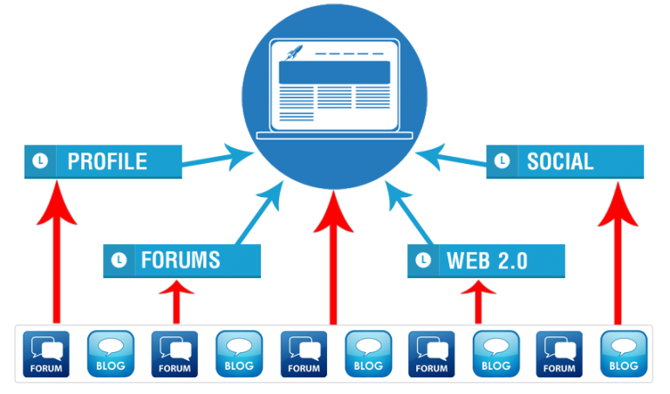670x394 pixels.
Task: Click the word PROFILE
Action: click(106, 161)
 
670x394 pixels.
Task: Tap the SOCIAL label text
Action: click(559, 161)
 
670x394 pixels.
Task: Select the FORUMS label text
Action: click(181, 260)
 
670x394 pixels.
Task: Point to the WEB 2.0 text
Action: click(487, 260)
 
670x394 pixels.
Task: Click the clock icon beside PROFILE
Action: click(39, 161)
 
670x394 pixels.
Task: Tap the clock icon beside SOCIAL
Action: click(502, 161)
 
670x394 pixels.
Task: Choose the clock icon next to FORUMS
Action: click(119, 260)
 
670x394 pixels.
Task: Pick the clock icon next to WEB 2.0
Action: click(423, 260)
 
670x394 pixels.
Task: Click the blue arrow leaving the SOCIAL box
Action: click(450, 158)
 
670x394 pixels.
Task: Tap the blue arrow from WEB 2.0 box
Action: click(410, 214)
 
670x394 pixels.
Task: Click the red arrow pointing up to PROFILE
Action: click(57, 253)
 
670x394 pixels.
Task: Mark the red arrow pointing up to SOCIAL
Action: click(619, 253)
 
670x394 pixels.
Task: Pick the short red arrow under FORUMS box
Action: click(177, 302)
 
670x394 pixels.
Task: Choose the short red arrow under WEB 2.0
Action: click(478, 302)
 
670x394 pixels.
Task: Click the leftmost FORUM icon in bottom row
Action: click(46, 354)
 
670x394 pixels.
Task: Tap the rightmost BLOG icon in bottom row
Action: click(624, 354)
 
